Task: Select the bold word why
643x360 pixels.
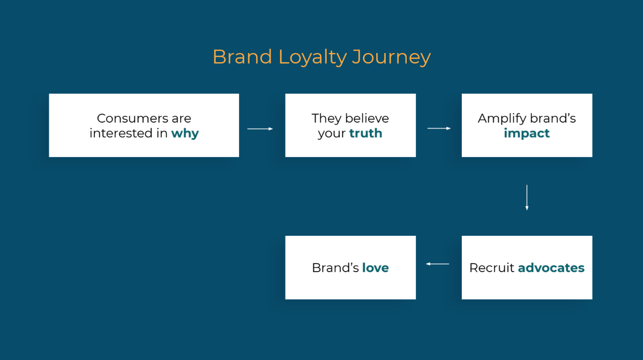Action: pos(185,133)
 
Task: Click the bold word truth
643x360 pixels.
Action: pos(365,133)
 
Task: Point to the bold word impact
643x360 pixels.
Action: pos(527,133)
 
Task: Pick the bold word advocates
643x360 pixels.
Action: pos(551,267)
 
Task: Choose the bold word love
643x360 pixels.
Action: pos(375,267)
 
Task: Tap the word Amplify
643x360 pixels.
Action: pos(500,118)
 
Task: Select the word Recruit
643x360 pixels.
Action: pos(491,267)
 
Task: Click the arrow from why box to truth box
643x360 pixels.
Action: pos(260,129)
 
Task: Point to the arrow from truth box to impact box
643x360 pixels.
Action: pos(439,129)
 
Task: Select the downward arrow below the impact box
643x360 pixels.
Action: pos(527,197)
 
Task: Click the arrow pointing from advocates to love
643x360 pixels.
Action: pos(438,264)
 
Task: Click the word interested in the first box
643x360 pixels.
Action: pos(121,133)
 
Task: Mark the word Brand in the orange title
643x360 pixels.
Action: pos(242,57)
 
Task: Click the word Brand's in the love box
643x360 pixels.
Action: pos(335,267)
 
